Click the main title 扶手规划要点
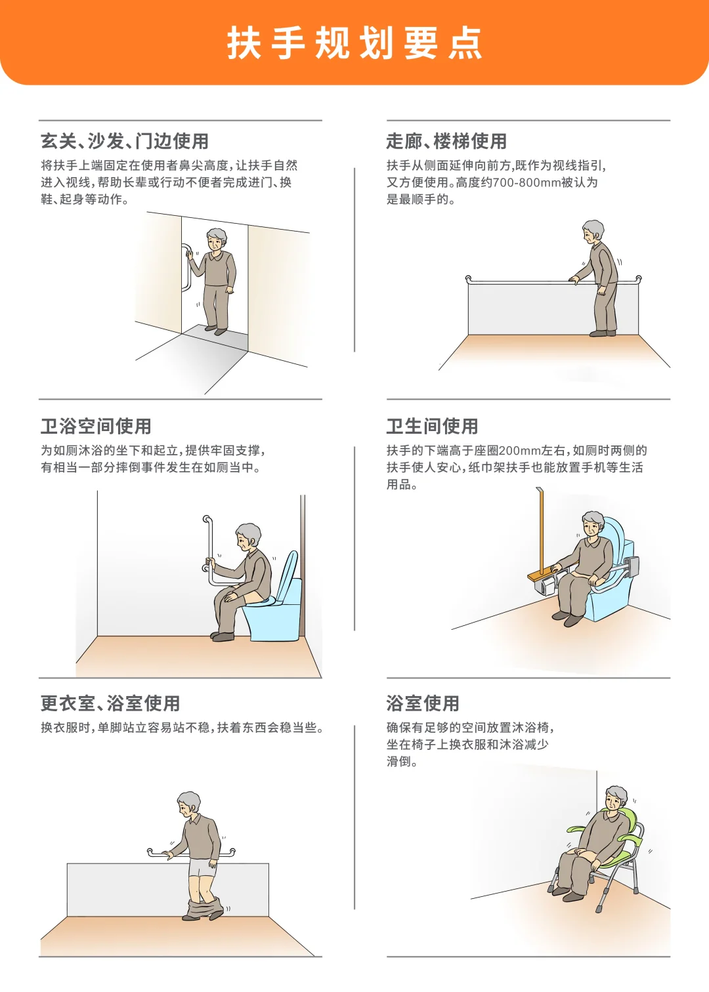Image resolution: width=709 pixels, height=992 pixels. [354, 43]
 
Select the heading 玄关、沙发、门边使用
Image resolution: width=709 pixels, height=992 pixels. [125, 141]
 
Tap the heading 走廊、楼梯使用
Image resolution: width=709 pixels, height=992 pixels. [446, 141]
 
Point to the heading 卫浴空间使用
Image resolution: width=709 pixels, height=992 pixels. [96, 426]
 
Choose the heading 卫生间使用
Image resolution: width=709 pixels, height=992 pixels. [432, 426]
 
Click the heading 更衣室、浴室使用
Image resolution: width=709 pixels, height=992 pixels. [110, 703]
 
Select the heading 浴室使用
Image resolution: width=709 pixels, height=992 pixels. [423, 703]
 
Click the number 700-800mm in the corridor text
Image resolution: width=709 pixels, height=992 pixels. [525, 182]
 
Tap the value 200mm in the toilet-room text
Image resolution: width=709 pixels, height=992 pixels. [519, 451]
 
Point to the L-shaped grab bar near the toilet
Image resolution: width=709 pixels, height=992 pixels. [209, 551]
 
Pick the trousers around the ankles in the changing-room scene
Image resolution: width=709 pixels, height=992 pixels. [205, 910]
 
